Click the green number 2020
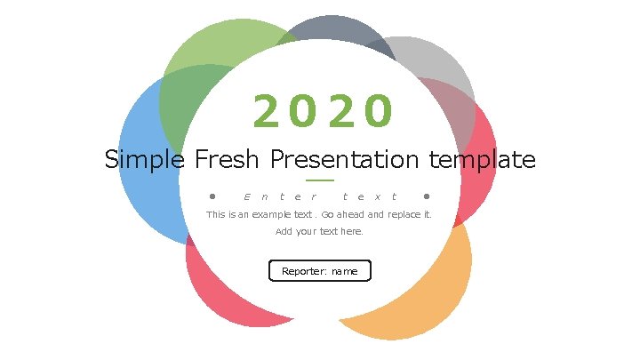pos(321,112)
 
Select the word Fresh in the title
pos(227,160)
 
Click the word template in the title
pos(482,160)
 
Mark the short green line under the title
pos(319,180)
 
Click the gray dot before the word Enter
pos(212,196)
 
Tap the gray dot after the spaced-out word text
pos(427,196)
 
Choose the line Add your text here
pos(319,232)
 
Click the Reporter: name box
pos(319,271)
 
